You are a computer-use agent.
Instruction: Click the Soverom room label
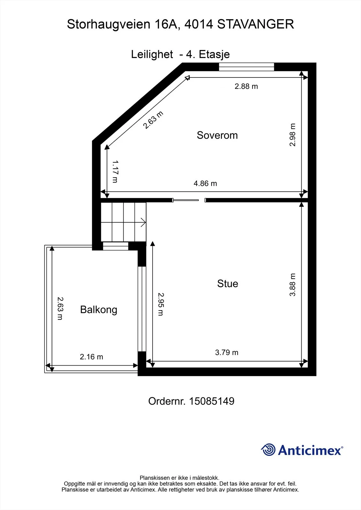[217, 135]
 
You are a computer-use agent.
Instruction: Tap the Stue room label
[228, 283]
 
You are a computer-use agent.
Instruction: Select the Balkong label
[99, 310]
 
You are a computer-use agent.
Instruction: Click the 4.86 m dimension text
[205, 183]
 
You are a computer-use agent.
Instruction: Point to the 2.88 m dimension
[246, 86]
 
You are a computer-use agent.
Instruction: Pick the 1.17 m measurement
[116, 171]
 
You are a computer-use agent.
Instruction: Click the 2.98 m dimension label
[292, 135]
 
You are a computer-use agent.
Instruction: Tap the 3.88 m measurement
[292, 285]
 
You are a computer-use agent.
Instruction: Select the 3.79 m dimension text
[227, 353]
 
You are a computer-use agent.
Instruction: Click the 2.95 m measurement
[161, 304]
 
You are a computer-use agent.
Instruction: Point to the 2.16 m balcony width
[92, 357]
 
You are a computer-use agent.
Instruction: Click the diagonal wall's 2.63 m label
[153, 120]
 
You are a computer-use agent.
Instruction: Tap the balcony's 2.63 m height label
[60, 308]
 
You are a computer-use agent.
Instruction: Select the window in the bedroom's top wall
[246, 67]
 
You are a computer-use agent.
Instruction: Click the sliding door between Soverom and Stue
[185, 200]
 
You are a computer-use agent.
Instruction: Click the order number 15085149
[212, 401]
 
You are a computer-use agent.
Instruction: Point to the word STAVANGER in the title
[255, 24]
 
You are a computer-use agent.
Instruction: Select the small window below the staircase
[116, 246]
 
